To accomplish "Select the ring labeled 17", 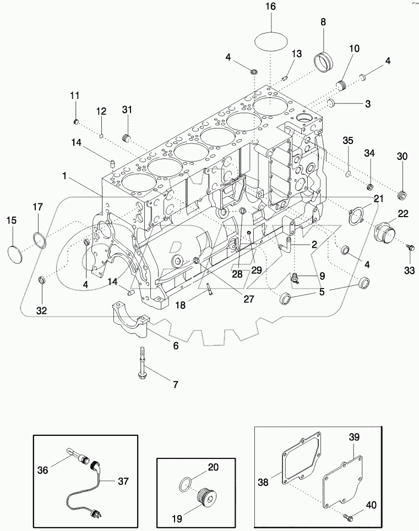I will point(39,239).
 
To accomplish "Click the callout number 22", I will point(403,213).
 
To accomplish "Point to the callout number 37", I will point(123,481).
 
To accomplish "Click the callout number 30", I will point(402,157).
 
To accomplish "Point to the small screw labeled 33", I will point(410,248).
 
